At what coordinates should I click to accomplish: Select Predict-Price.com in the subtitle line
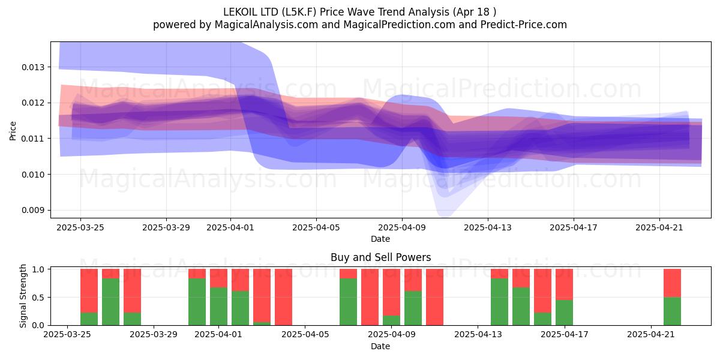click(x=524, y=25)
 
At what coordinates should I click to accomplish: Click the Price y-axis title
click(x=13, y=131)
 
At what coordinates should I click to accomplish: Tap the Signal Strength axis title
click(x=23, y=296)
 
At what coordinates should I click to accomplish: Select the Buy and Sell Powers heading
click(x=380, y=257)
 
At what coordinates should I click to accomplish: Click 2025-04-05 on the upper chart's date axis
click(x=316, y=227)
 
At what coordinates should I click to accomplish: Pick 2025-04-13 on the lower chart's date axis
click(x=478, y=334)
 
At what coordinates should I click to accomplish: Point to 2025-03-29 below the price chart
click(x=166, y=227)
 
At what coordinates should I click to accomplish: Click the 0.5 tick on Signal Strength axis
click(x=38, y=298)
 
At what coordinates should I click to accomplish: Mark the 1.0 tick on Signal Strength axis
click(x=38, y=269)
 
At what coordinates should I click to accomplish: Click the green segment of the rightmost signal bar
click(x=672, y=311)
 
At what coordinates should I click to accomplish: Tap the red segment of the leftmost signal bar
click(x=89, y=290)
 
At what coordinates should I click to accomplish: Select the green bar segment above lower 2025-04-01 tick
click(x=218, y=307)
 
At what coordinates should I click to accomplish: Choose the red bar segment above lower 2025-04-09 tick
click(x=391, y=292)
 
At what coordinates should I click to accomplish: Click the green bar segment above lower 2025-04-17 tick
click(x=564, y=313)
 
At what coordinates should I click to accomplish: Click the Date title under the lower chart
click(x=380, y=346)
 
